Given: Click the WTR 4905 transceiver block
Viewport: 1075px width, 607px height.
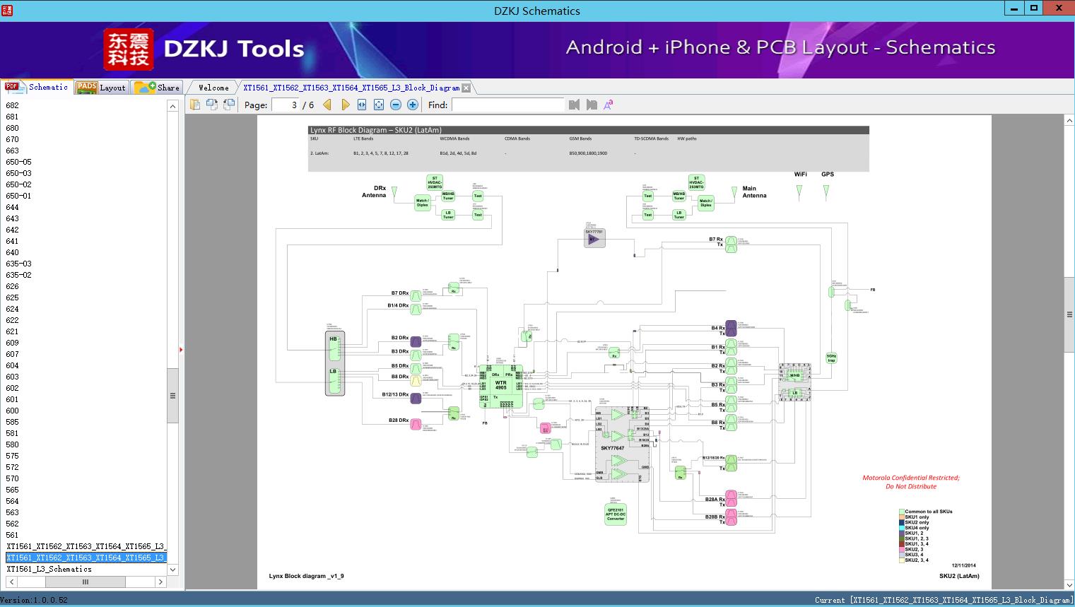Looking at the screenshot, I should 501,385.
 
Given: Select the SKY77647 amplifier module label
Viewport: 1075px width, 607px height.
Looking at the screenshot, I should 612,448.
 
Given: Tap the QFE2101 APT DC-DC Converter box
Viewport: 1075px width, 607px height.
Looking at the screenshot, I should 615,514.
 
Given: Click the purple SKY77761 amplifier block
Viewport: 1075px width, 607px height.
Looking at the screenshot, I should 594,239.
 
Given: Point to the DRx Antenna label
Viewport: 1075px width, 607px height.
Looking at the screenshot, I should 375,191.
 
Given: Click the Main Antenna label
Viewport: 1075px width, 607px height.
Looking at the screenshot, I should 753,192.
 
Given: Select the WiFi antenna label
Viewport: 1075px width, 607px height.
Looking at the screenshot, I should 800,174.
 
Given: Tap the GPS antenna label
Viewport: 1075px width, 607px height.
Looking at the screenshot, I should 827,174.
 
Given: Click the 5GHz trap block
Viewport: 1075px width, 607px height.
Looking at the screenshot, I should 831,358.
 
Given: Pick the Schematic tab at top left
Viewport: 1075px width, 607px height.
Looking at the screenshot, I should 39,87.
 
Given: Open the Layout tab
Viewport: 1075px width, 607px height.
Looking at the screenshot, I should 102,88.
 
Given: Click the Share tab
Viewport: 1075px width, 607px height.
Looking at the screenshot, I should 160,88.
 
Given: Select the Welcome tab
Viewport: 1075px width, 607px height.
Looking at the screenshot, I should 213,88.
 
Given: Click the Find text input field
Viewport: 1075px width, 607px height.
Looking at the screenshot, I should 508,105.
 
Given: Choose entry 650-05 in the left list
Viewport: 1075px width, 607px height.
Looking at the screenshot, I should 19,162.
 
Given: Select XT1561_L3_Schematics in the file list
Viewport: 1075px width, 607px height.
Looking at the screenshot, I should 49,569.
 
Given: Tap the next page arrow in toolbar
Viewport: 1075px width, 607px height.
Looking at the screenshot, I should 345,105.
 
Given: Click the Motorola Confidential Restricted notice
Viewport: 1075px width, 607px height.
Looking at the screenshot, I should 911,482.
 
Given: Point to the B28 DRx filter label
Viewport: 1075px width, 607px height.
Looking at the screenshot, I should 399,420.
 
